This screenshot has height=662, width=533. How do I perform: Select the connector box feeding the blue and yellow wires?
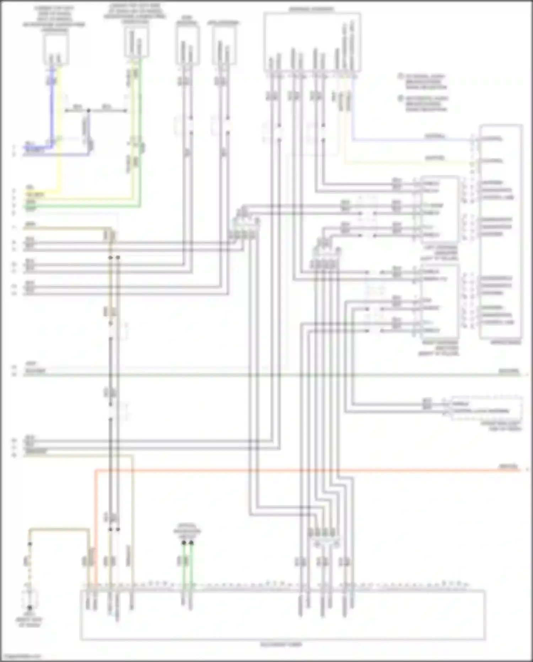coord(56,50)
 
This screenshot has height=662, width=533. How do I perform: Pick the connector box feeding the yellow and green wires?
coord(137,43)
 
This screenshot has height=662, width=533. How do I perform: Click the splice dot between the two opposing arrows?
coord(89,111)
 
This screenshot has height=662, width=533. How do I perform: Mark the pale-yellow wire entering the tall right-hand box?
coord(409,163)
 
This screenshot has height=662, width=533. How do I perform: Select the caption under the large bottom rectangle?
coord(281,645)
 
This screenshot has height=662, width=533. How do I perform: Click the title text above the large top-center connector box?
coord(311,9)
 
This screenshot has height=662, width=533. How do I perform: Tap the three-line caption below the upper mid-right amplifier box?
coord(439,253)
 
